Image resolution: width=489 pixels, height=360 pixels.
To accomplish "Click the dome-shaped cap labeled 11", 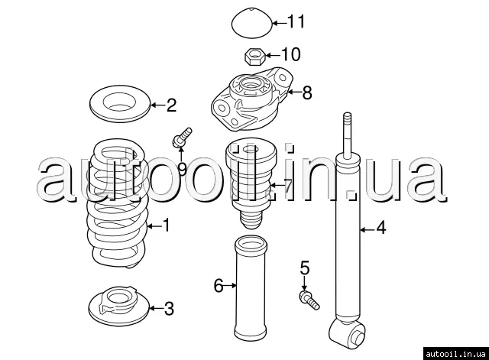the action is [252, 24].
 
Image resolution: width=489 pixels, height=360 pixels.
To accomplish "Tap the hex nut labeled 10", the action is [254, 57].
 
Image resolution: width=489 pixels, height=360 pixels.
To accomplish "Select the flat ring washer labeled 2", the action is [120, 104].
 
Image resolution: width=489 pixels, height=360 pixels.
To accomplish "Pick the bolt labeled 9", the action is [182, 138].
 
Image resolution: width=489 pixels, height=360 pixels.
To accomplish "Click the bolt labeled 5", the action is [309, 300].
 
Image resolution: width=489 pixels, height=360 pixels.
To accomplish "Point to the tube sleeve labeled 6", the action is [251, 288].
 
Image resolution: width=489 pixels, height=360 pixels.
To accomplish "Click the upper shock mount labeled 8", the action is [252, 99].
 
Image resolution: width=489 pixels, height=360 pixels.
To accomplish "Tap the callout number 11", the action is [296, 21].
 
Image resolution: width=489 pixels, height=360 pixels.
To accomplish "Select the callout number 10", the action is [291, 54].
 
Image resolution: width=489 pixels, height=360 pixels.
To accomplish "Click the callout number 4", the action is [381, 228].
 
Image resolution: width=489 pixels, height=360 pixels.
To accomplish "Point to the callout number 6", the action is [219, 285].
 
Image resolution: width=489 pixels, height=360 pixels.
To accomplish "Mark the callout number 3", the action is [169, 309].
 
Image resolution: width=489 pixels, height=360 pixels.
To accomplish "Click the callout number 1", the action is [167, 225].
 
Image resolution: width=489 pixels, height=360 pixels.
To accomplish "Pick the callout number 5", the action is [305, 268].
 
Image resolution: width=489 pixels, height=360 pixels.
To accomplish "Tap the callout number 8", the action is [307, 92].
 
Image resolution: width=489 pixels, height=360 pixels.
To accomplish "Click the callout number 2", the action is [171, 105].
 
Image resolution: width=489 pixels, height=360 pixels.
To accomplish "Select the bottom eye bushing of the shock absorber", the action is [346, 334].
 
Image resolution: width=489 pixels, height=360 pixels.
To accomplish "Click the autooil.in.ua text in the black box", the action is [455, 354].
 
